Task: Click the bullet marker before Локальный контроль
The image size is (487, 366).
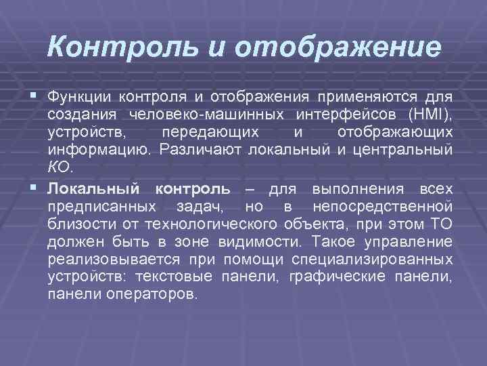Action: (x=34, y=188)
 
